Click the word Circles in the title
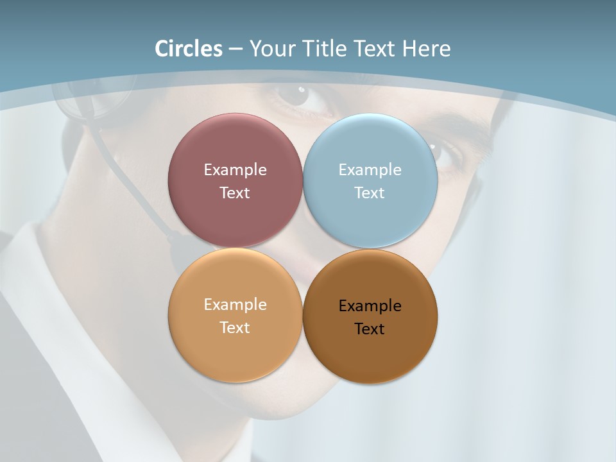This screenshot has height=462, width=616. (x=189, y=49)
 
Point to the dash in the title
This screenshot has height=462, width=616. (x=235, y=49)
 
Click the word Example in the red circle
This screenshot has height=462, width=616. (x=235, y=170)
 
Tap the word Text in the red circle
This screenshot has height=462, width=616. (x=235, y=193)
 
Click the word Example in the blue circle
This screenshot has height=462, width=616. (x=370, y=170)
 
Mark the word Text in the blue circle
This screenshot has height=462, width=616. (x=370, y=193)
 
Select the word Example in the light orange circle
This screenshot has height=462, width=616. (x=235, y=305)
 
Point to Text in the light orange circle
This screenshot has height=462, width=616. (x=235, y=328)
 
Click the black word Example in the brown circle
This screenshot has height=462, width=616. (x=370, y=306)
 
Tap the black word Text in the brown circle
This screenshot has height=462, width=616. (x=370, y=329)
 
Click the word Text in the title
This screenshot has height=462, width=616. (x=375, y=49)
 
